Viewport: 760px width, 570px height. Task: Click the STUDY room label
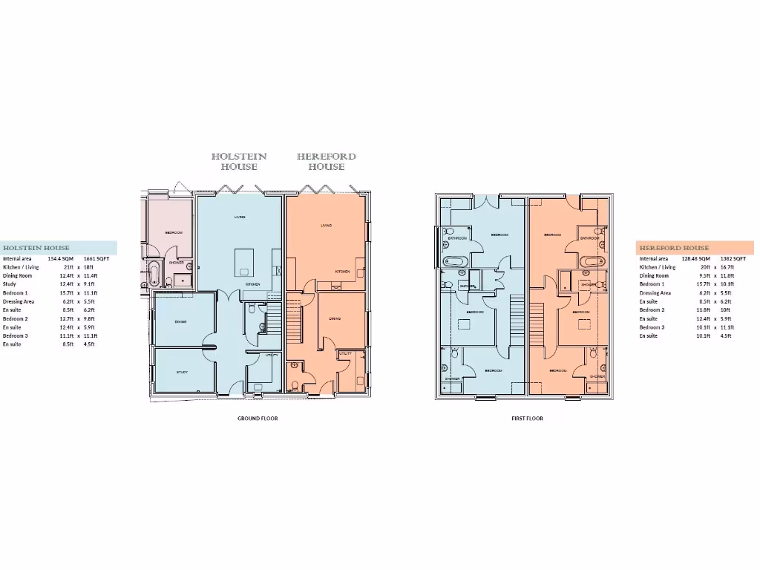182,373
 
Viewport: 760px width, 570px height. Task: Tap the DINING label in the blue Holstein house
181,321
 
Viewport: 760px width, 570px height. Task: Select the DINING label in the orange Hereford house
335,318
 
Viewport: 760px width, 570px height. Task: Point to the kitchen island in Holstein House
247,262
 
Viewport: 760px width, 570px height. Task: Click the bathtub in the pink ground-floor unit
154,273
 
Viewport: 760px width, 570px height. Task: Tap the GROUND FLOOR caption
258,419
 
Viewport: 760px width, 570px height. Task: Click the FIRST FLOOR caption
527,419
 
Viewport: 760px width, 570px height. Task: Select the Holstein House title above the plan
239,162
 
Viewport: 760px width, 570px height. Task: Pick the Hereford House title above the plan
326,162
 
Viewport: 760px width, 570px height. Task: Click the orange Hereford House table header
695,248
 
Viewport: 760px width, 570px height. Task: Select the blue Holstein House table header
58,248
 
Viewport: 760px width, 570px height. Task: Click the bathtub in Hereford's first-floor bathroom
592,261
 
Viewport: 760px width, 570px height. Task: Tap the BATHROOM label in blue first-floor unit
456,238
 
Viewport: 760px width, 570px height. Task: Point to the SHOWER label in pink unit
176,263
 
